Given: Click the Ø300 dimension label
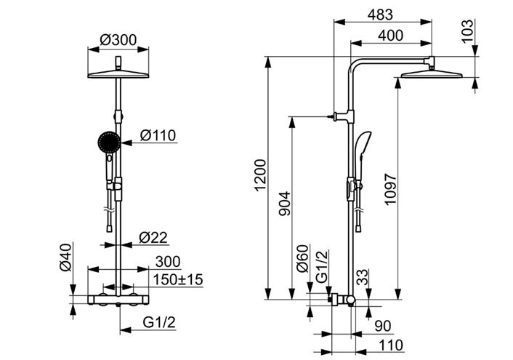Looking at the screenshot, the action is coord(118,40).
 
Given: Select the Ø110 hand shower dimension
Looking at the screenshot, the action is coord(158,135).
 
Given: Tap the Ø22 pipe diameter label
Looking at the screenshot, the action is coord(153,238).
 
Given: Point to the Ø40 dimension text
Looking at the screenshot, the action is coord(65,257).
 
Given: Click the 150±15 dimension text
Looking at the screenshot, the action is coord(178,280).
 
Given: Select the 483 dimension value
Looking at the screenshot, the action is coord(380,15).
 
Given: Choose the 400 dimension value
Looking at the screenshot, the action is coord(391,36).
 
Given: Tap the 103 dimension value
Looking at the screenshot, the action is coord(467,31).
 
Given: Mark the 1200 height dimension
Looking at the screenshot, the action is coord(261,175).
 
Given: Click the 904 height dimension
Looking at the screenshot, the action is coord(284,204).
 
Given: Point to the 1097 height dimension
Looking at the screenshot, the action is coord(390,189).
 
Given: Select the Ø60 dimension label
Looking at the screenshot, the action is coord(302,258).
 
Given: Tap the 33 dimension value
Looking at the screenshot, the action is coord(363,277).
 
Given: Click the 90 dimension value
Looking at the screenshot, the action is coord(383,326).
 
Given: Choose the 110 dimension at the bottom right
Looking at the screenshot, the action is coord(391,345).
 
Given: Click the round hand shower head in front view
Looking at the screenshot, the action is coord(109,142).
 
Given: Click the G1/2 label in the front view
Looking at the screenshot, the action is coord(159,322).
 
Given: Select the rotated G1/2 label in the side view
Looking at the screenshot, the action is coord(322,266).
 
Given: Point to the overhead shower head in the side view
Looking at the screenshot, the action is coord(432,74).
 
